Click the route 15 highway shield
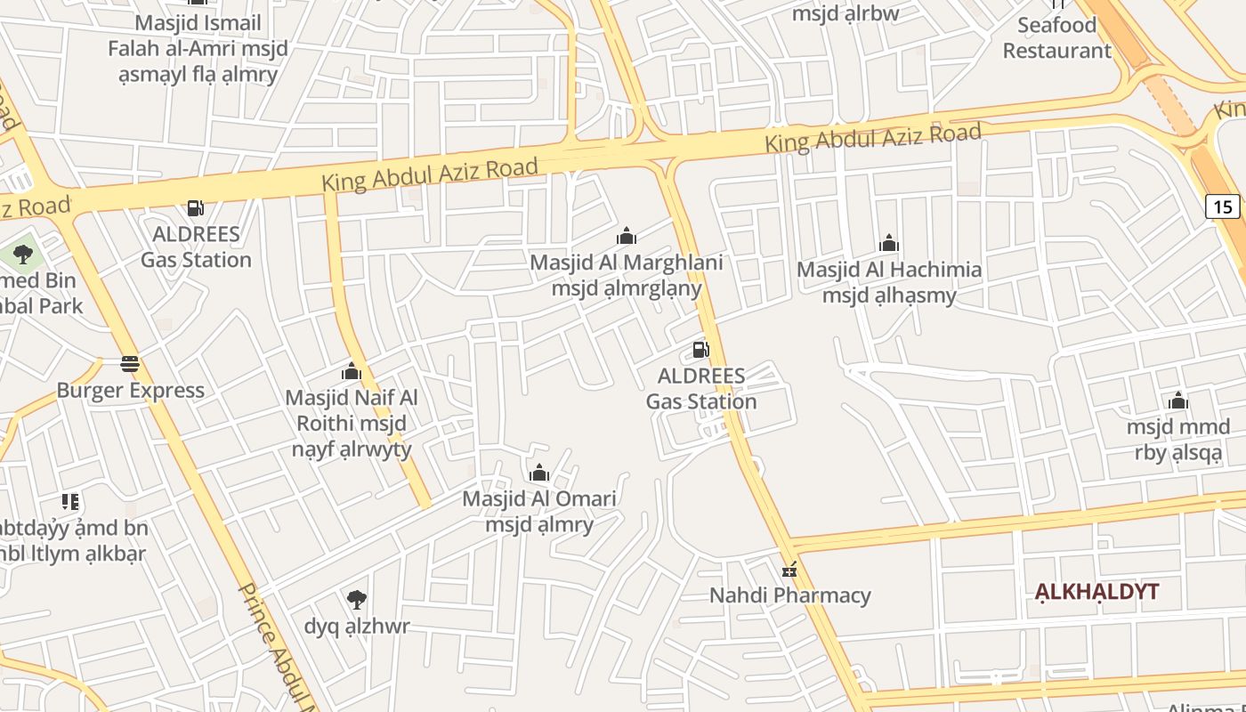click(1223, 206)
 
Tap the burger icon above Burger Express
click(130, 364)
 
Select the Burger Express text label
click(130, 391)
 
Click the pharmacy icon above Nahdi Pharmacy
click(789, 570)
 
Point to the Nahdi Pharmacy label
click(789, 595)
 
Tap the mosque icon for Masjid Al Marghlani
click(627, 237)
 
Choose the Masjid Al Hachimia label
click(889, 282)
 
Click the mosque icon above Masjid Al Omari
click(539, 473)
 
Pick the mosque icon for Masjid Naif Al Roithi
click(352, 371)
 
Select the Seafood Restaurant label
click(1056, 37)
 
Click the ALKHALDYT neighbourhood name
click(1096, 592)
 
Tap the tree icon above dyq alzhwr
click(357, 600)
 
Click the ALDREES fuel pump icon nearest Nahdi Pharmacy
click(701, 350)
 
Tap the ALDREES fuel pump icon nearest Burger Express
click(196, 208)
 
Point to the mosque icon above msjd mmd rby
click(1178, 401)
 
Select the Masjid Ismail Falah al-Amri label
click(198, 48)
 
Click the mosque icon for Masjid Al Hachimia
click(889, 244)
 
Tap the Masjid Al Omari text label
click(539, 511)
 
